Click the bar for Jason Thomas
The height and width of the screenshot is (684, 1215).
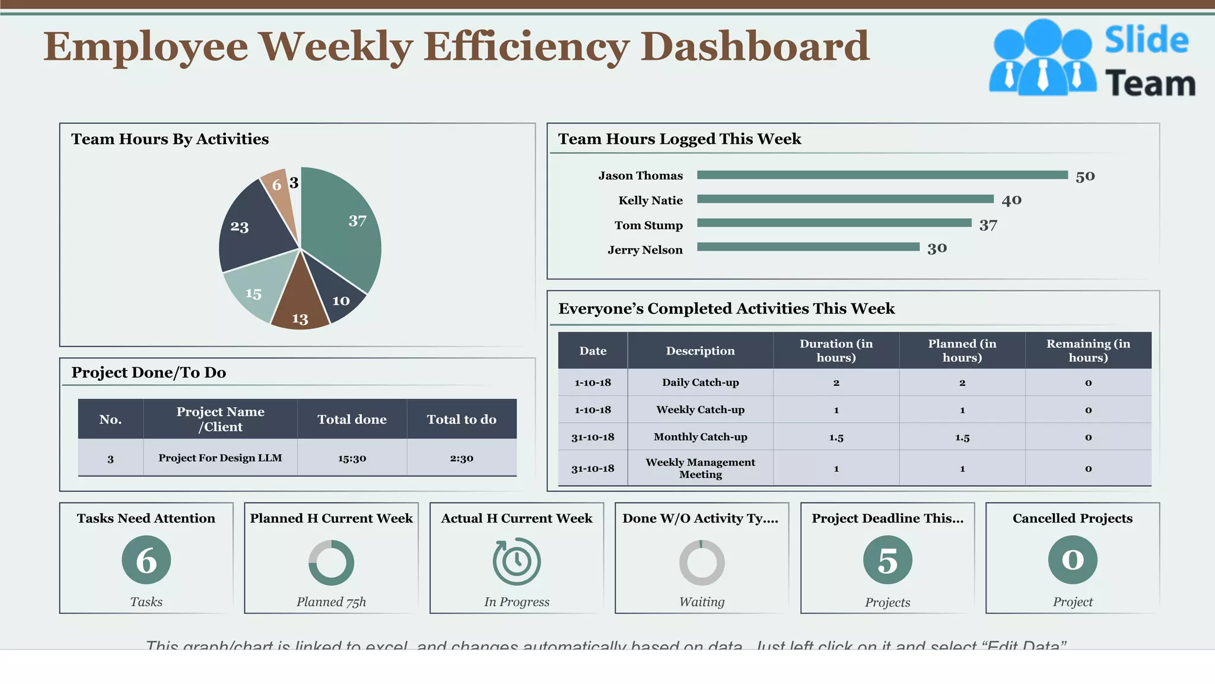point(882,175)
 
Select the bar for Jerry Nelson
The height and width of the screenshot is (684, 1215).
point(808,246)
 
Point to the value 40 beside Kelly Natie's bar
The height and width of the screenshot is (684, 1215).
point(1012,200)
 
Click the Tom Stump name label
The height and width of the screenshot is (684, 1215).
point(648,226)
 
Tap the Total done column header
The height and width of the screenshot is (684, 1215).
point(352,419)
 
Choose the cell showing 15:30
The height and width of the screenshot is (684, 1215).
point(352,458)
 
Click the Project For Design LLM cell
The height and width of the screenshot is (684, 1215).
point(220,458)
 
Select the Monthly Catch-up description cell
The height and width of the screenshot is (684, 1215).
point(700,437)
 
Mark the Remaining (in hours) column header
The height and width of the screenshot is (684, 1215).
point(1088,350)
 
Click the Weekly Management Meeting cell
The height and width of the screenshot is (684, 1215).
point(700,468)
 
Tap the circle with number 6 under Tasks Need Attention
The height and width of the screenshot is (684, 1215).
point(147,560)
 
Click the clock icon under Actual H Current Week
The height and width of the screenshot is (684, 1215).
point(517,561)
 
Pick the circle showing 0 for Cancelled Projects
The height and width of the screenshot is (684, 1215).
point(1073,560)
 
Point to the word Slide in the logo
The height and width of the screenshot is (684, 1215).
point(1146,40)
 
